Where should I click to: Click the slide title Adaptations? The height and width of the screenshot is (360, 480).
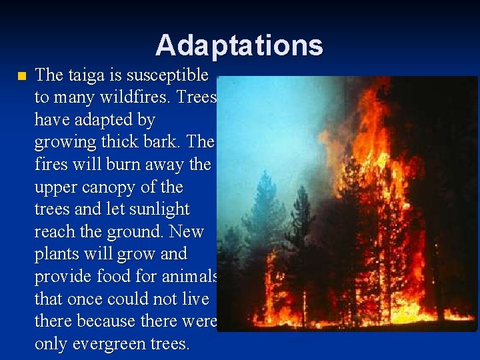239,45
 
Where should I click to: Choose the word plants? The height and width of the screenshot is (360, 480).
58,254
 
